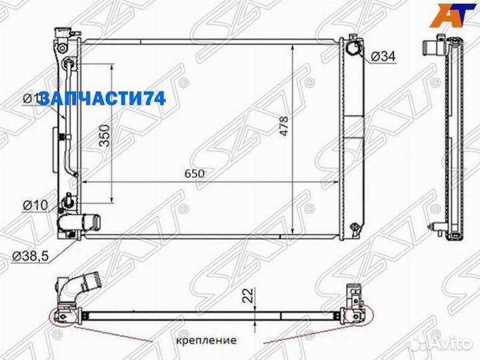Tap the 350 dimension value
pyautogui.click(x=104, y=135)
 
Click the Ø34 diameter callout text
pyautogui.click(x=383, y=57)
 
